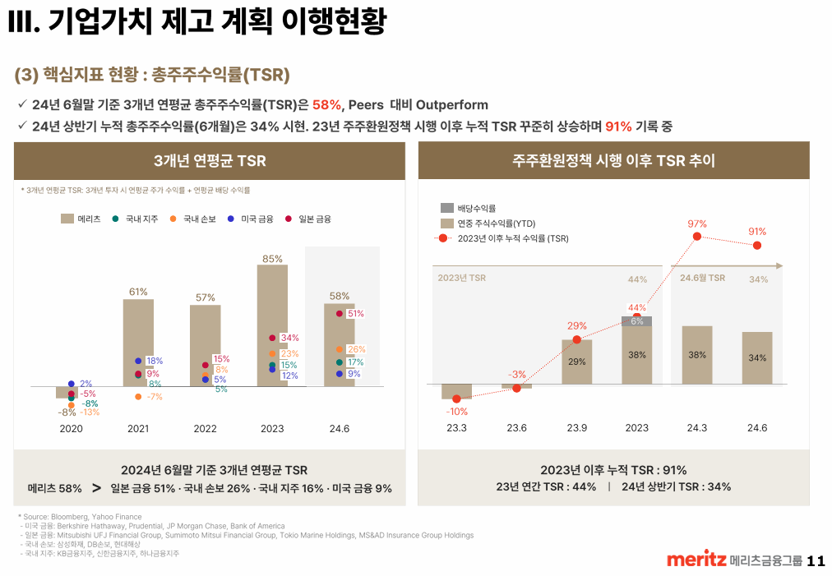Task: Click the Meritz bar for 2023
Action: coord(272,325)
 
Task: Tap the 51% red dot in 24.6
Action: coord(339,313)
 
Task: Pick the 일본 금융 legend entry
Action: coord(307,219)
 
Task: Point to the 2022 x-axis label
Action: coord(205,428)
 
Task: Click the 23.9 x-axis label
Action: coord(576,427)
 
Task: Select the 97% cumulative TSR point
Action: coord(697,237)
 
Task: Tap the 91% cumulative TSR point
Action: coord(756,245)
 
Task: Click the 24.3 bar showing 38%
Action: coord(697,355)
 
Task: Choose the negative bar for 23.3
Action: coord(457,391)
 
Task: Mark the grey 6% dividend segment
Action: coord(636,320)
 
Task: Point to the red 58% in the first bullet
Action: coord(326,104)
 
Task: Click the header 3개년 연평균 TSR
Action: coord(210,160)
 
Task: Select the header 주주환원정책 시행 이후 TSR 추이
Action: coord(613,160)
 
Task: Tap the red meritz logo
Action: coord(696,560)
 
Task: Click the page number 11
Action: coord(816,561)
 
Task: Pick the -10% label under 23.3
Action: coord(457,411)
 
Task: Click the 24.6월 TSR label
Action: coord(702,278)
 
